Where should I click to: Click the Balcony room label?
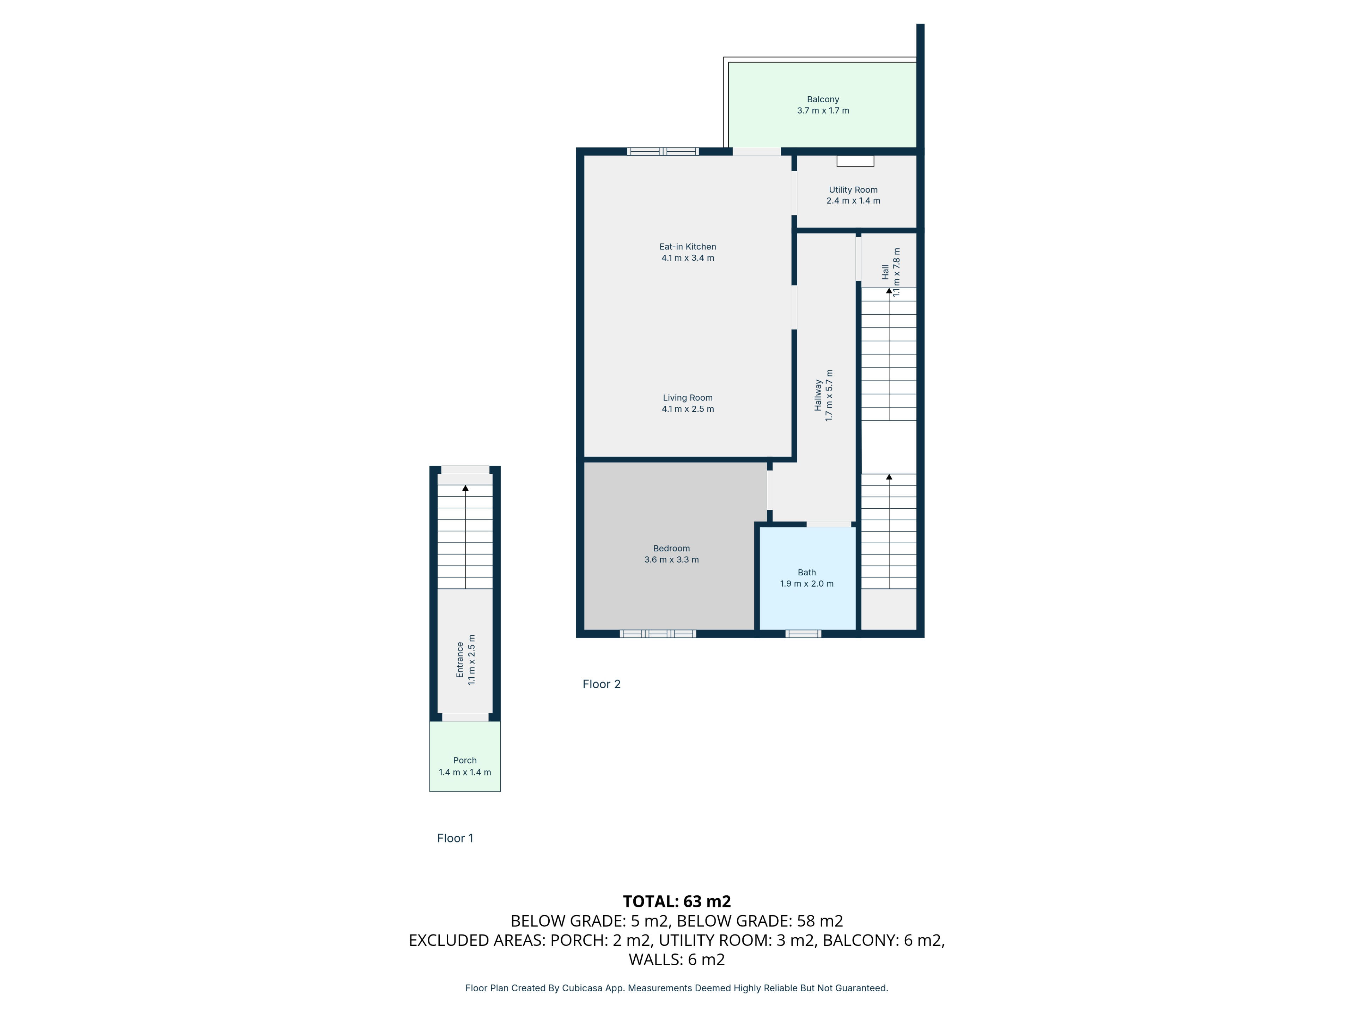pyautogui.click(x=823, y=99)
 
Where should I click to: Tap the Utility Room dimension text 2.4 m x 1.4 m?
pyautogui.click(x=853, y=201)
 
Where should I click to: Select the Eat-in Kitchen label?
pyautogui.click(x=688, y=247)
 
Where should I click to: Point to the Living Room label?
pyautogui.click(x=688, y=398)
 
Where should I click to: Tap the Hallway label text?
pyautogui.click(x=818, y=395)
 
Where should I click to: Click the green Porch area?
pyautogui.click(x=465, y=756)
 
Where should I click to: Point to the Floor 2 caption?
pyautogui.click(x=602, y=684)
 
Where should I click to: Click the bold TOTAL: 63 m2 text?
pyautogui.click(x=677, y=901)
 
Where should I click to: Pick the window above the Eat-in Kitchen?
pyautogui.click(x=663, y=151)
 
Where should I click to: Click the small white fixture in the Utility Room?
pyautogui.click(x=855, y=161)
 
